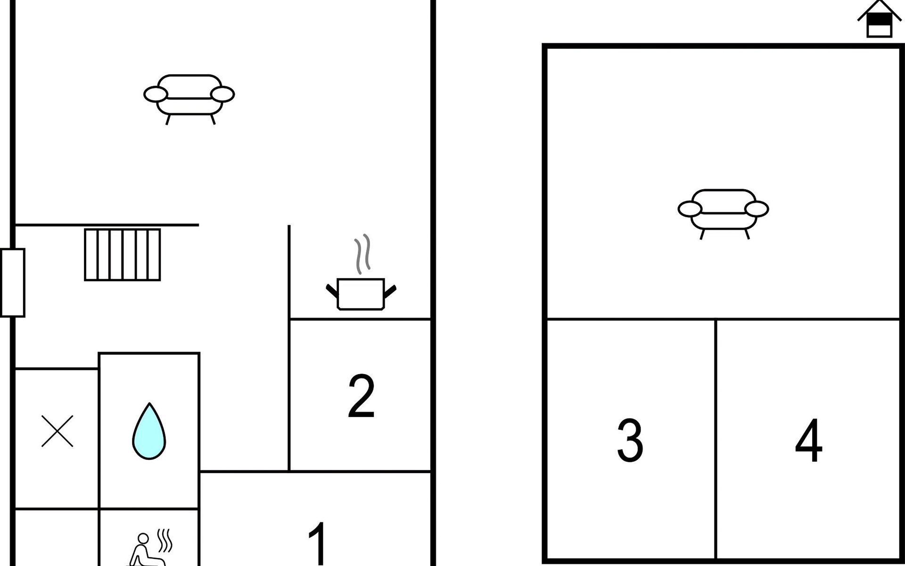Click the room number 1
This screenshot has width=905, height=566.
point(318,543)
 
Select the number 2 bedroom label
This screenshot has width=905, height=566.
point(361,396)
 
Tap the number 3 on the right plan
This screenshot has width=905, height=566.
point(630,440)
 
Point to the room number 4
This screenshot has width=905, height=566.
point(808,440)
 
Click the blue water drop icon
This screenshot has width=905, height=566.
point(149,431)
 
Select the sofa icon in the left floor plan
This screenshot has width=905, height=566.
point(189,99)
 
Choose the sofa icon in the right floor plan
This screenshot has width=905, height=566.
point(724,214)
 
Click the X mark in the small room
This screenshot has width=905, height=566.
point(57,431)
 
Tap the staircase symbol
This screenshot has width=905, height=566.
point(123,255)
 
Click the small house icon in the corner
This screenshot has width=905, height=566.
point(879,19)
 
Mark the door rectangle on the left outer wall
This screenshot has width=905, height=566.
point(13,283)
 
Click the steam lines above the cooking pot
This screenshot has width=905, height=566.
point(362,254)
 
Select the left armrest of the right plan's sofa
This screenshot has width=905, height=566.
point(690,209)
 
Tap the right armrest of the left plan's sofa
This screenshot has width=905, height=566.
point(222,94)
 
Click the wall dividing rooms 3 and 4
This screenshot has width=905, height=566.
point(716,440)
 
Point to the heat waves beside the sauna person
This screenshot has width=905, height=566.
point(165,541)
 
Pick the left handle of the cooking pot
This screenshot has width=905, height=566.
point(332,291)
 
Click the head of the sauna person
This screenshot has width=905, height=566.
point(143,538)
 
